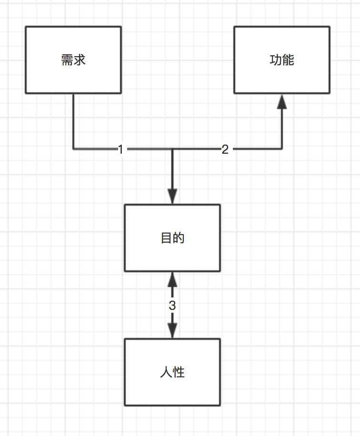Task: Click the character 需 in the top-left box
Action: point(67,60)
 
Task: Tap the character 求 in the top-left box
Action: point(80,60)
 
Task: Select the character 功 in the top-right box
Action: point(276,60)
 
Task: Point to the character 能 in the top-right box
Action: point(288,60)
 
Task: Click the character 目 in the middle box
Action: point(166,238)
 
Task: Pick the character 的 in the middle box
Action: point(179,238)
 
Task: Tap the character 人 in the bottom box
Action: point(166,372)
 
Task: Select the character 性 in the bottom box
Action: point(179,372)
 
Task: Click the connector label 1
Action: point(120,149)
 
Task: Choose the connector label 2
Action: point(225,149)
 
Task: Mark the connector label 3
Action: point(172,305)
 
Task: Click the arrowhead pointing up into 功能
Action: point(282,101)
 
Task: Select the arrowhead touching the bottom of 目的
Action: point(172,279)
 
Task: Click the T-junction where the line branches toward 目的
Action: point(172,149)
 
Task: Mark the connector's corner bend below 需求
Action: point(73,149)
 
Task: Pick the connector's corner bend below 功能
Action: point(282,149)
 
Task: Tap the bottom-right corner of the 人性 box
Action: point(220,405)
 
